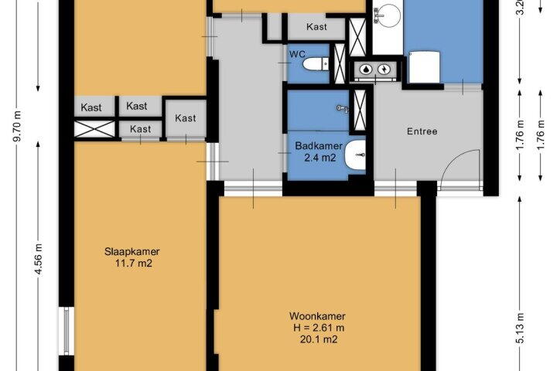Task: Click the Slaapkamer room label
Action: tap(132, 252)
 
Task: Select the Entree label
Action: tap(422, 131)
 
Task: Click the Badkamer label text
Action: tap(319, 145)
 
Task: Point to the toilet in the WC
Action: tap(316, 64)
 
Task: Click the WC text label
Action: tap(297, 54)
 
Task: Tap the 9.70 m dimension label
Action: tap(17, 126)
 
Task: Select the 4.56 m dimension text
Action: tap(38, 259)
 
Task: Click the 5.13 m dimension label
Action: tap(519, 328)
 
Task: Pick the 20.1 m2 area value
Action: tap(319, 339)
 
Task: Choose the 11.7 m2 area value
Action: tap(134, 264)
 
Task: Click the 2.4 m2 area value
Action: tap(320, 158)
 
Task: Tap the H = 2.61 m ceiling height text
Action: tap(319, 328)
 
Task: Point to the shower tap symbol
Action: tap(343, 108)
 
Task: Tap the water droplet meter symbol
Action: tap(366, 70)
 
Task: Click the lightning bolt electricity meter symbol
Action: tap(384, 70)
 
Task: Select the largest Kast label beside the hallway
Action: tap(186, 117)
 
